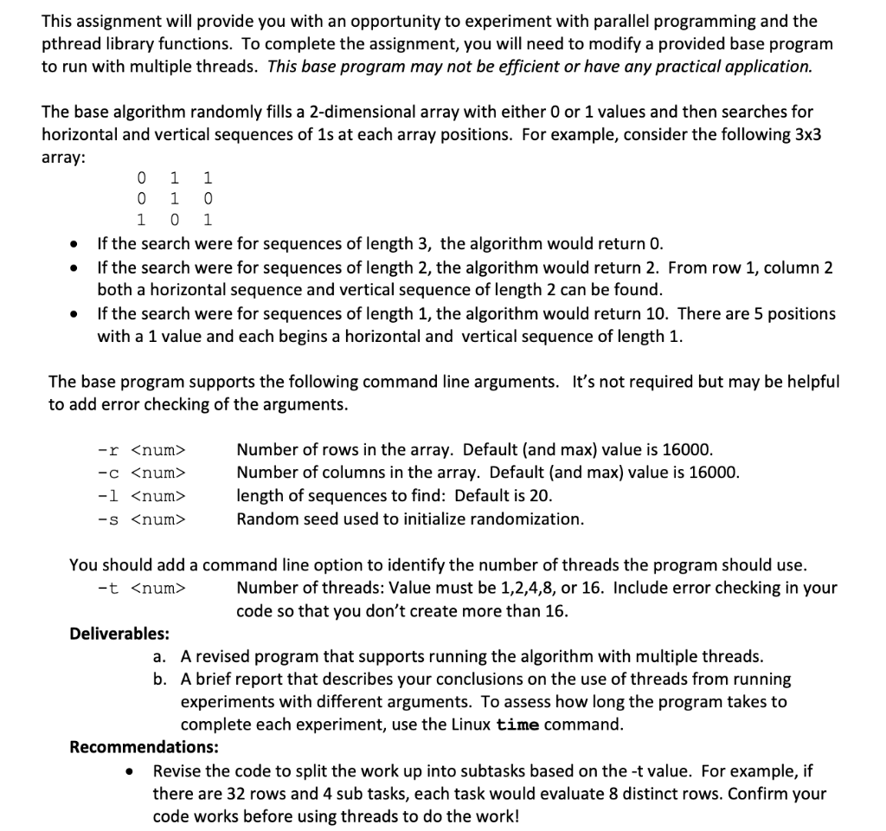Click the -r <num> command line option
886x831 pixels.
pos(141,450)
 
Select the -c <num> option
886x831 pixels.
pos(141,473)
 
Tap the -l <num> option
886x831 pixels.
pos(141,496)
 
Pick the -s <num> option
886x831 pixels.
pos(141,519)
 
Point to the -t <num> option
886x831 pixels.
pos(141,589)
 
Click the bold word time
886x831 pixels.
pos(518,725)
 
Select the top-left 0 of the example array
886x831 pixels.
pos(141,178)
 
